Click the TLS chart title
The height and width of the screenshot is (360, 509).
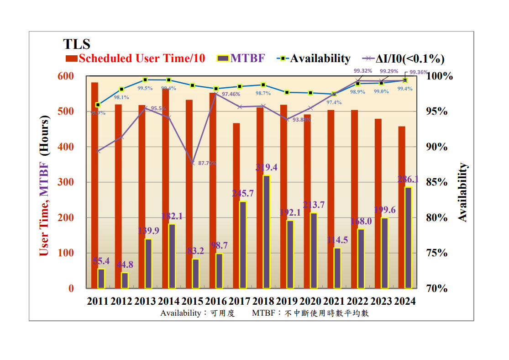(77, 44)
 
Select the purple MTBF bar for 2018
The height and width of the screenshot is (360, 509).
(267, 232)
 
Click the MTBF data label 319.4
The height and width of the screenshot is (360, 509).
(267, 168)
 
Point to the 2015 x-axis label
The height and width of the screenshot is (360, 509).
(192, 302)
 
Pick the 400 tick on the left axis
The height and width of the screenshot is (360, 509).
(65, 147)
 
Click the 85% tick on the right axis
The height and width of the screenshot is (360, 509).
(436, 182)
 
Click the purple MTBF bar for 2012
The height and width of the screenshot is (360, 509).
(125, 280)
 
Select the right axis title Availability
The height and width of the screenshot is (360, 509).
(463, 192)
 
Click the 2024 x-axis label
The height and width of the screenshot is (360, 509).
(404, 302)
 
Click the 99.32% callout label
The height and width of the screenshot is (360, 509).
(363, 71)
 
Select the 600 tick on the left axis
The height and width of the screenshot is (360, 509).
(65, 76)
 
